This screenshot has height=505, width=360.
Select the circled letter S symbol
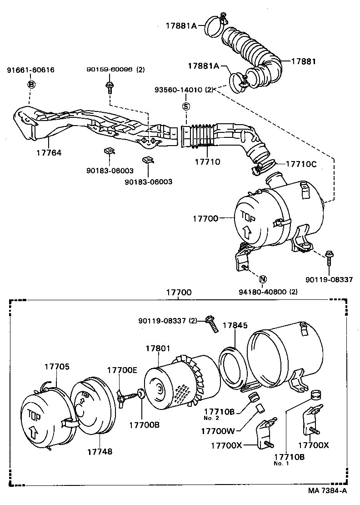coord(185,106)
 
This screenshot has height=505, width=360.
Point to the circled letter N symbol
coord(263,279)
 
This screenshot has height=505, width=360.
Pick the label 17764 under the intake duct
coord(49,153)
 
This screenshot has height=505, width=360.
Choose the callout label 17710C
coord(301,163)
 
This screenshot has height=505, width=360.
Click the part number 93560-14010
coord(181,90)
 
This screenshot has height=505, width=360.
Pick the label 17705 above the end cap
coord(57,367)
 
